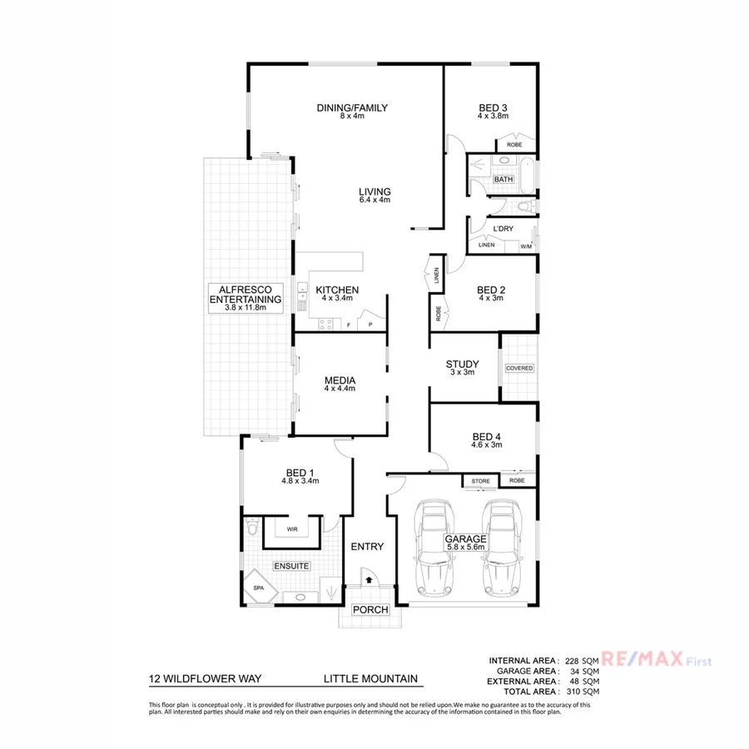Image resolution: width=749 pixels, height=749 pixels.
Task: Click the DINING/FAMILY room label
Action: coord(352,107)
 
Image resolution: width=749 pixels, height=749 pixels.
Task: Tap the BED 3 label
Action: coord(493,107)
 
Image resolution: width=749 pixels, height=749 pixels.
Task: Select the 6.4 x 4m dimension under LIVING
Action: coord(374,201)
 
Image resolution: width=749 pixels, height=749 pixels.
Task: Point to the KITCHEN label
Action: coord(337,290)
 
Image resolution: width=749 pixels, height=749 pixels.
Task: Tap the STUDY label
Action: coord(461,364)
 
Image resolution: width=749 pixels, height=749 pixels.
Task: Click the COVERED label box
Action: coord(518,368)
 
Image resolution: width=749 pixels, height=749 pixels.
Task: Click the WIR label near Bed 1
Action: coord(292,528)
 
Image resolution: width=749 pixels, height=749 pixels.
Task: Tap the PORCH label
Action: coord(370,610)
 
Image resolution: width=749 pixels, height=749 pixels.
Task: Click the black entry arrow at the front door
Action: coord(369,579)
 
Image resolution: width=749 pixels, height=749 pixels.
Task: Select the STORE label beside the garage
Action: coord(481,481)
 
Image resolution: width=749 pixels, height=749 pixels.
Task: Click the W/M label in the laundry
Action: coord(526,246)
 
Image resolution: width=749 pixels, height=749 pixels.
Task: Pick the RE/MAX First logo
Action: coord(657,661)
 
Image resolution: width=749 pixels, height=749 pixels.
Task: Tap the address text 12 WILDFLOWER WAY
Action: coord(205,678)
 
